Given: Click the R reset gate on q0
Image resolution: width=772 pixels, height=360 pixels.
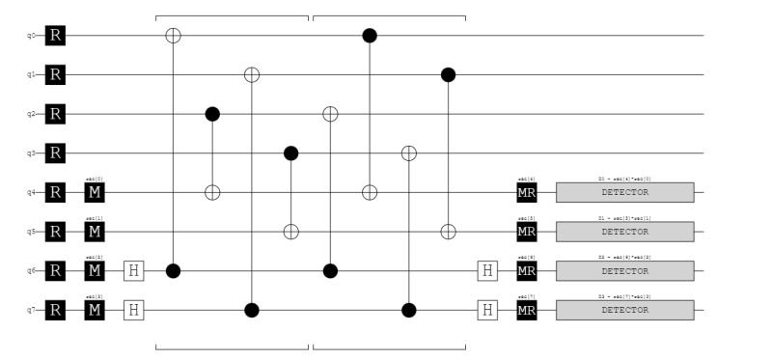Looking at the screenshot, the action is coord(56,36).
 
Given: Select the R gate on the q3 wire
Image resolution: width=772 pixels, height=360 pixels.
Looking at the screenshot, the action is coord(56,153).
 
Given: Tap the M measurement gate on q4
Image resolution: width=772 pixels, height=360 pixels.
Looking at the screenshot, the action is coord(95,193).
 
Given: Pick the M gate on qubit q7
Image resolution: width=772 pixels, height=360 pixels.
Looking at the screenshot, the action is coord(95,310).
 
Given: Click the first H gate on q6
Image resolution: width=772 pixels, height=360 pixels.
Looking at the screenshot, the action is coord(134,271).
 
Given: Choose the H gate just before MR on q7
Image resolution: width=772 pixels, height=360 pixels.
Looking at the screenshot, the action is coord(487,310).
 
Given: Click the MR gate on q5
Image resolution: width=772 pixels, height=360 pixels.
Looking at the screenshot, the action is coord(526,232).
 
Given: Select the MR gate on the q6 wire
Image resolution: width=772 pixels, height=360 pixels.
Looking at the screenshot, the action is coord(526,271).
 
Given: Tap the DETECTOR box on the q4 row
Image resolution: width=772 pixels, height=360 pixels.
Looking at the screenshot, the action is coord(624,193).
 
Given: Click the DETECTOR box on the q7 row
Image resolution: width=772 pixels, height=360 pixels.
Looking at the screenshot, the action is coord(624,310).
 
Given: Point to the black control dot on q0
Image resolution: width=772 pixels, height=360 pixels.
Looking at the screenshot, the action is coord(369,36).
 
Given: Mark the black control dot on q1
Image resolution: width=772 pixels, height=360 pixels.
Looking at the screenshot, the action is coord(448,74).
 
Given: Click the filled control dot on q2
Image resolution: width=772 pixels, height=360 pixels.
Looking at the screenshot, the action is coord(213,114).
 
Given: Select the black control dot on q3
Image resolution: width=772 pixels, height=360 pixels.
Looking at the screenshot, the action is coord(291,153).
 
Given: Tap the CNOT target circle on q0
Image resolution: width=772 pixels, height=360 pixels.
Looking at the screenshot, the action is coord(174,36).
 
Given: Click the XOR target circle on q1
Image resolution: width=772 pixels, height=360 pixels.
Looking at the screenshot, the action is coord(252,74).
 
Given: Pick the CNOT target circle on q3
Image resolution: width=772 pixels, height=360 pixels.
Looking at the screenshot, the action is coord(408,153).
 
